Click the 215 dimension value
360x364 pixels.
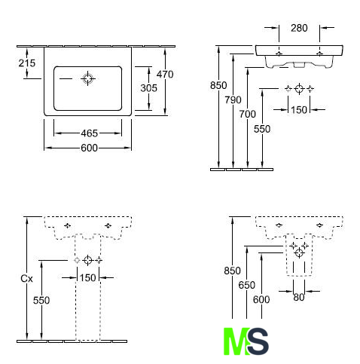click(27, 63)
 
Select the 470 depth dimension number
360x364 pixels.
click(165, 75)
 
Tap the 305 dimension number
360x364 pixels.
click(148, 88)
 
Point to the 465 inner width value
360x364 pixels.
click(89, 133)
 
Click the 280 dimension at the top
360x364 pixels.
click(299, 28)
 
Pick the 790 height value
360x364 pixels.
click(233, 100)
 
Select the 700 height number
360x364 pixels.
click(247, 115)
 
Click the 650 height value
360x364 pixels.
click(247, 285)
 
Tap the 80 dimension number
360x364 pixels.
click(299, 298)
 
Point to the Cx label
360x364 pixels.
click(26, 279)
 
